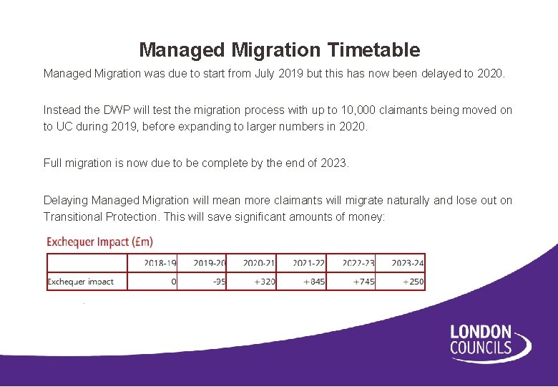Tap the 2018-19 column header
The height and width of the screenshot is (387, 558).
(x=160, y=263)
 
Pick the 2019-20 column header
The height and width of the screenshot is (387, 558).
(x=210, y=263)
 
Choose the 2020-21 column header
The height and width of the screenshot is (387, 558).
(x=259, y=263)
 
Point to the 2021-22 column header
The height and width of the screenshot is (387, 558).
(x=308, y=263)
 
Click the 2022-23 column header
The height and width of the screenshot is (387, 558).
(x=358, y=263)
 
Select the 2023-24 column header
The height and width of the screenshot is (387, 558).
(x=408, y=263)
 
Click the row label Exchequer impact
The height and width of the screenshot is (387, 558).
(x=80, y=282)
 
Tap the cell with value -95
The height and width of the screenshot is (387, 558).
(x=219, y=282)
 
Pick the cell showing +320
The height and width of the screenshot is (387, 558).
(x=265, y=282)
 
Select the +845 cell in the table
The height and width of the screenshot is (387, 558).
(x=314, y=282)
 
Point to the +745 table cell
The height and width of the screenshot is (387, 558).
(x=364, y=282)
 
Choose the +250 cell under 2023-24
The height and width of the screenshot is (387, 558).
(x=413, y=282)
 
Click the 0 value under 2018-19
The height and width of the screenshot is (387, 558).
(x=174, y=282)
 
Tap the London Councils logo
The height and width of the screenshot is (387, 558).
(x=490, y=341)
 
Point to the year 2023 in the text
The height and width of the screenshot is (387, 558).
(x=333, y=163)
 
